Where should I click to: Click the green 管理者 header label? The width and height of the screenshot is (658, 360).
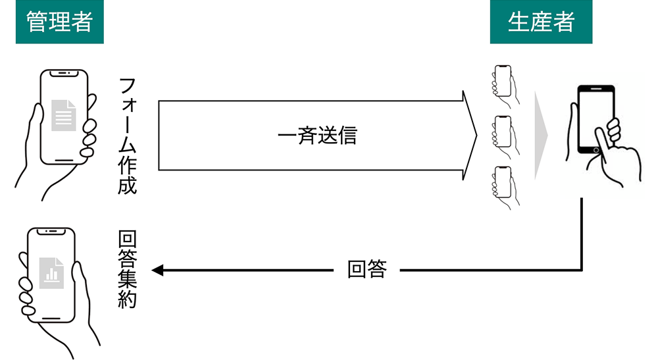click(x=59, y=22)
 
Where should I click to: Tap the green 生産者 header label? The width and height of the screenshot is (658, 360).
click(x=541, y=22)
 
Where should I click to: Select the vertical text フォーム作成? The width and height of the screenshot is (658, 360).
click(x=128, y=136)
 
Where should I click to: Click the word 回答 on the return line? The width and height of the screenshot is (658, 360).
click(x=367, y=270)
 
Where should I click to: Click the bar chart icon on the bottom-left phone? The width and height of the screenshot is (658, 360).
click(x=51, y=272)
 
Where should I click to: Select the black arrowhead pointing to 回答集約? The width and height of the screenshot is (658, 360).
click(x=158, y=270)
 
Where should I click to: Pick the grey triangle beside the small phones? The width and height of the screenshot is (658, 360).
click(x=540, y=135)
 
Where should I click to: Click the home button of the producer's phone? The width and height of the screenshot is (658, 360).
click(x=595, y=150)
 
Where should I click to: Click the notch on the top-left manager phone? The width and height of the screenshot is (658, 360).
click(x=63, y=72)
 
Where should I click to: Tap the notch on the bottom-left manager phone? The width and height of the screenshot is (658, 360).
click(x=51, y=232)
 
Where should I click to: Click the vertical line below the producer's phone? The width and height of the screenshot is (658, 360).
click(x=582, y=234)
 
